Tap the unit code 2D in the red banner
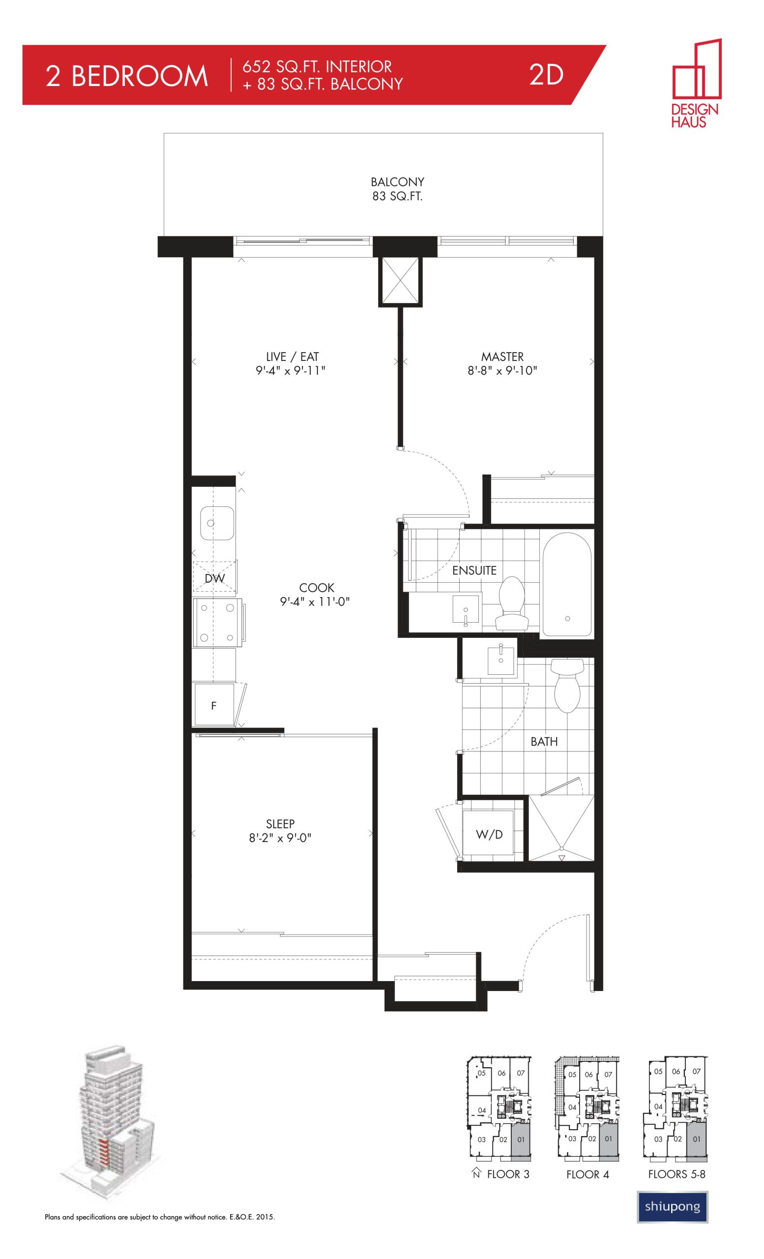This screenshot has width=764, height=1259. (546, 75)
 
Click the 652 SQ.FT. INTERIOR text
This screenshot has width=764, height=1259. (317, 66)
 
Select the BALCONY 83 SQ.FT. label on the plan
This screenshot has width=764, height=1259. (397, 188)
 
